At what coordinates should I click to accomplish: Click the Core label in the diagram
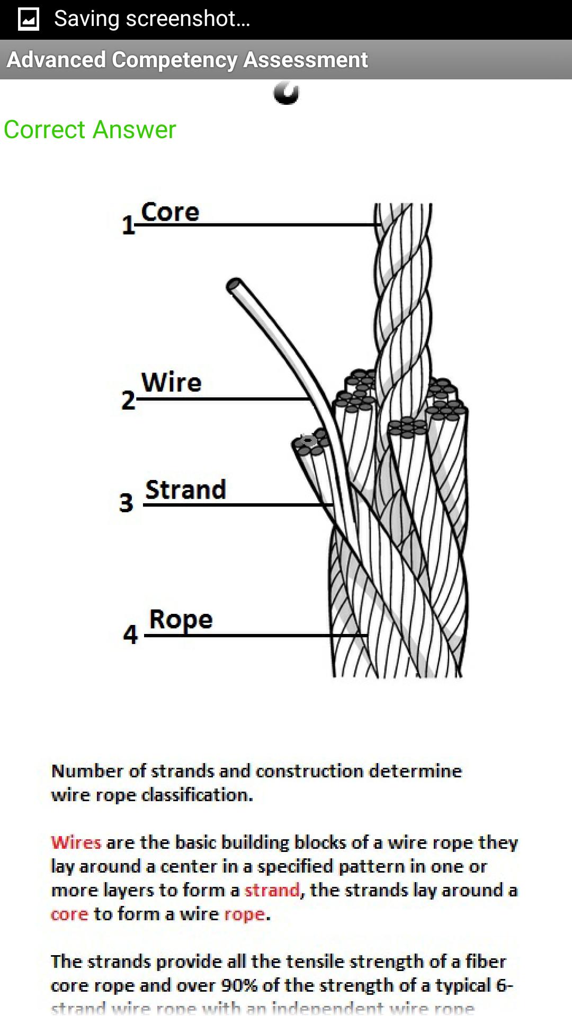click(170, 212)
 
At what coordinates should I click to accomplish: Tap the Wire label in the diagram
click(171, 383)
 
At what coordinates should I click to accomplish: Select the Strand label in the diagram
click(185, 490)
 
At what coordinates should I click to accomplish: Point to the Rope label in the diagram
click(181, 619)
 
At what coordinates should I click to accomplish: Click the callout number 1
click(128, 225)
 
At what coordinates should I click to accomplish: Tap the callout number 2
click(128, 400)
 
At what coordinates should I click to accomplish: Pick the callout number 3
click(126, 503)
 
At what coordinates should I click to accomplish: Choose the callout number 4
click(130, 634)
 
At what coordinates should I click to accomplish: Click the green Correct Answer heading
click(90, 130)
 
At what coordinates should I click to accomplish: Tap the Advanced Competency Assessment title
click(187, 60)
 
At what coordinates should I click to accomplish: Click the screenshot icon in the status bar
click(29, 20)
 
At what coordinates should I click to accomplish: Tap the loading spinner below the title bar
click(287, 93)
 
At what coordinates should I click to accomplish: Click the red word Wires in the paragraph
click(76, 842)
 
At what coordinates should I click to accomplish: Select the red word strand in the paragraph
click(272, 890)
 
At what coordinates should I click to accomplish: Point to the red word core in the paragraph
click(69, 914)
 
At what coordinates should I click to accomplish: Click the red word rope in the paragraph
click(244, 914)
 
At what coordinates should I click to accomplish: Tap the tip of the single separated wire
click(234, 285)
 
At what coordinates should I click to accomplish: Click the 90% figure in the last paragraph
click(239, 985)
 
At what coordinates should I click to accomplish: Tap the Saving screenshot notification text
click(152, 19)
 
